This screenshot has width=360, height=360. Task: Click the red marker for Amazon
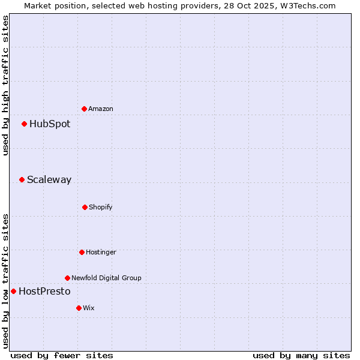pos(84,109)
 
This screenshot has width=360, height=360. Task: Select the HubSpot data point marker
pos(24,124)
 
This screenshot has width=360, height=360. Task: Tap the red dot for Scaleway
pos(22,179)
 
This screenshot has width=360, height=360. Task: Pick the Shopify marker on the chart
pos(85,207)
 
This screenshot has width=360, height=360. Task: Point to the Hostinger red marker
pos(82,252)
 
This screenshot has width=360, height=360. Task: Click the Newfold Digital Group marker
pos(67,278)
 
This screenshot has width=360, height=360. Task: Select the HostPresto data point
pos(13,291)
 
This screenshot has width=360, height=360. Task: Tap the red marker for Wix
pos(79,308)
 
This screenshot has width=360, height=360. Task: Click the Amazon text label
pos(101,109)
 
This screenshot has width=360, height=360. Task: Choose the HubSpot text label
pos(50,124)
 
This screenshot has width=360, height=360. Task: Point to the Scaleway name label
pos(49,179)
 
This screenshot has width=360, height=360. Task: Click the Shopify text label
pos(101,207)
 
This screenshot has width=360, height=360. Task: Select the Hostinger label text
pos(101,252)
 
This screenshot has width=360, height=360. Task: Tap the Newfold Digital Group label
pos(106,278)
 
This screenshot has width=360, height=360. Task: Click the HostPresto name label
pos(44,291)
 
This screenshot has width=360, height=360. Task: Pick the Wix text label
pos(89,308)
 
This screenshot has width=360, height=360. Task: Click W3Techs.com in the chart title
pos(309,5)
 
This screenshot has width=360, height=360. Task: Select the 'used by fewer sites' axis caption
pos(62,355)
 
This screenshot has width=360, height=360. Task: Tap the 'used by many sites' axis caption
pos(301,355)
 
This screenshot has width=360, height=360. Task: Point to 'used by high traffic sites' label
pos(5,85)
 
